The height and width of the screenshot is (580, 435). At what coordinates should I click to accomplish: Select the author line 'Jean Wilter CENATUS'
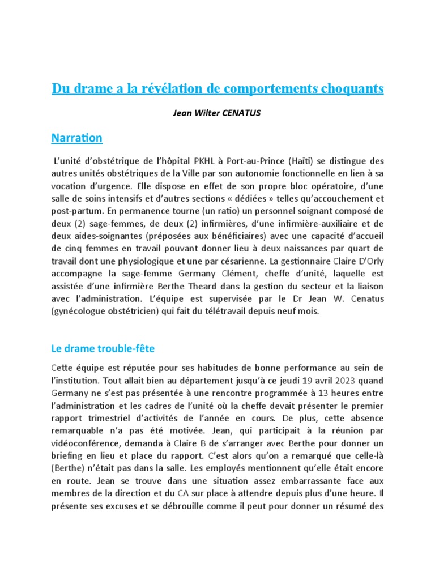tap(217, 113)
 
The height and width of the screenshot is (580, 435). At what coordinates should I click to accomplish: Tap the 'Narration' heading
tap(76, 138)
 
